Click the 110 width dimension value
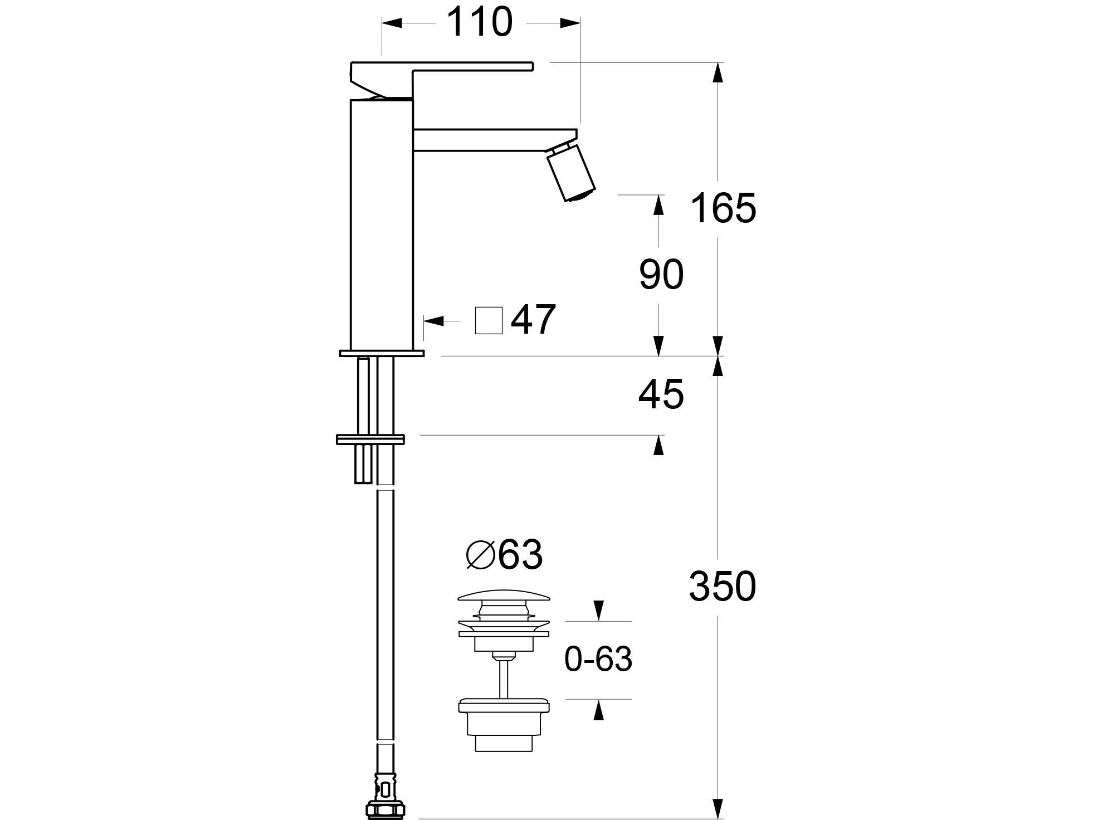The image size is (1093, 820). pos(479,23)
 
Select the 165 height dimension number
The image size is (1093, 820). pos(723,208)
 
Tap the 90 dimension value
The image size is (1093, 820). pos(661,275)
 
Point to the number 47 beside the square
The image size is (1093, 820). pos(533,320)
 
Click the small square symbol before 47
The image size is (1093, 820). pos(489,320)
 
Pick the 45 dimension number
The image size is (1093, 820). pos(661,394)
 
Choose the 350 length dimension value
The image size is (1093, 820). pos(723,587)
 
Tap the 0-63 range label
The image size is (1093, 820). pos(598,660)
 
